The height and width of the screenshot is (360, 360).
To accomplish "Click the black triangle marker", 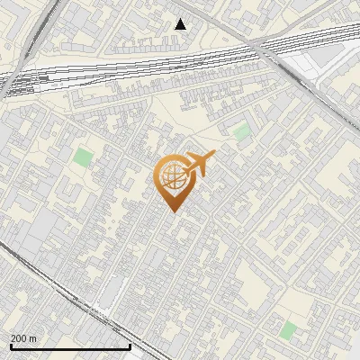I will (181, 24).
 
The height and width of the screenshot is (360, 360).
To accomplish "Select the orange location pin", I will (172, 181).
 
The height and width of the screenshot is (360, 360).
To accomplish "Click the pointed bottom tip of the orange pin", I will (172, 211).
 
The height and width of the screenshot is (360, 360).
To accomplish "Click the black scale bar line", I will (70, 346).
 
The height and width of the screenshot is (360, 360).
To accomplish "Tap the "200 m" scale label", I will (24, 338).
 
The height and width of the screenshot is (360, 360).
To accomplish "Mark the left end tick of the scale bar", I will (11, 345).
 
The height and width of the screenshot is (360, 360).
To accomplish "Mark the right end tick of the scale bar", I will (130, 345).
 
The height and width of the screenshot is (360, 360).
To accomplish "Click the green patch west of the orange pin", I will (83, 157).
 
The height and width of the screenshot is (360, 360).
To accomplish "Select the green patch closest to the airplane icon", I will (241, 132).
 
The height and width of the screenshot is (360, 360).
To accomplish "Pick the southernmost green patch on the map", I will (288, 330).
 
